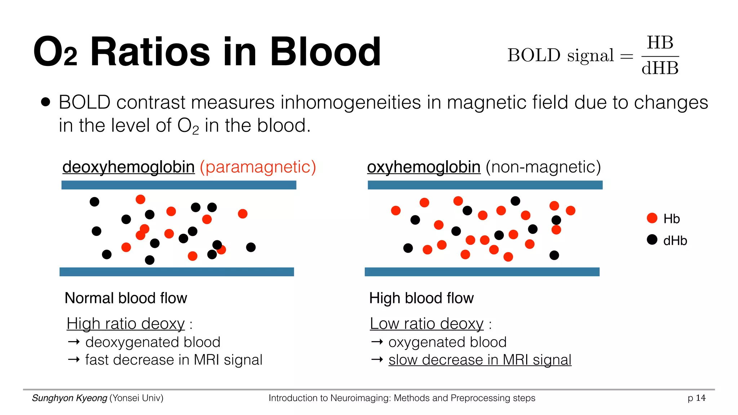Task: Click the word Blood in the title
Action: pos(325,52)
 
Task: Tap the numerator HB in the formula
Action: pos(660,43)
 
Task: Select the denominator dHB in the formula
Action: pos(660,68)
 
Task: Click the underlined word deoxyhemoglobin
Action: pos(128,167)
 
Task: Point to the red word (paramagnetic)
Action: pos(258,167)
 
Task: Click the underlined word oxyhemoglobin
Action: pos(424,167)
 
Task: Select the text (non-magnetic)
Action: pos(543,167)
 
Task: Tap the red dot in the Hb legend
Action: pos(652,218)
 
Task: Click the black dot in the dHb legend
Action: pos(652,240)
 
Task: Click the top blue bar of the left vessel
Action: pos(179,185)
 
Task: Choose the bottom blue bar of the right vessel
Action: pos(482,272)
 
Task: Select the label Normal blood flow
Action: pos(126,298)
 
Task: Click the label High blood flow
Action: pos(421,298)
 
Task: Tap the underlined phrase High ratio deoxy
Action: pos(125,323)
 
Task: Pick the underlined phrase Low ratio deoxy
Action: pos(427,323)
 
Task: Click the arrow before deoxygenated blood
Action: pos(74,342)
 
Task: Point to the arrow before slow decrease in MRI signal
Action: pos(377,360)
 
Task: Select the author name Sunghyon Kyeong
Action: pos(70,398)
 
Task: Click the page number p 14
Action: pos(696,398)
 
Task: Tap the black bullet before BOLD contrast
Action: pos(45,102)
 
